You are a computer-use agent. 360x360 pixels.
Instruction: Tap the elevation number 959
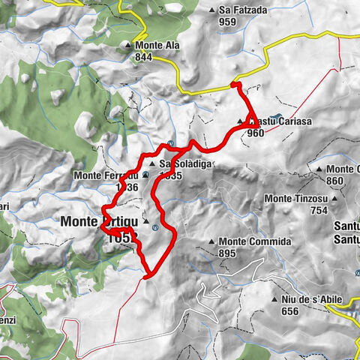(229, 22)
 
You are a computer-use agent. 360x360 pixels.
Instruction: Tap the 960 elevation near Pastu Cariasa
(255, 133)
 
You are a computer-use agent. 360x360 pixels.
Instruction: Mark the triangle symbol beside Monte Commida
(212, 242)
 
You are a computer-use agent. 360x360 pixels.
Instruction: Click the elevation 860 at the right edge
(336, 181)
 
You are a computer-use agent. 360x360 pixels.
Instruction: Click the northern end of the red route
(233, 84)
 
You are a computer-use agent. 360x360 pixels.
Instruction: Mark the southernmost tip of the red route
(144, 277)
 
